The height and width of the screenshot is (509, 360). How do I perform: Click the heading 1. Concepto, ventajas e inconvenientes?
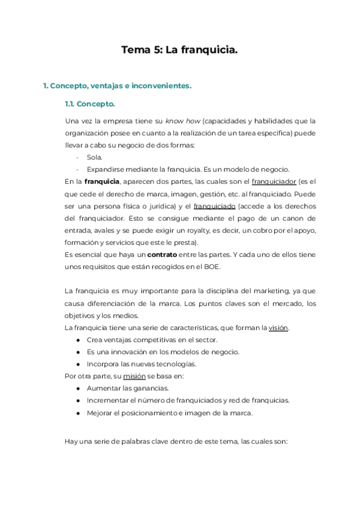point(117,86)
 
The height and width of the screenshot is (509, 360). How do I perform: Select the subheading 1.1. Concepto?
point(90,104)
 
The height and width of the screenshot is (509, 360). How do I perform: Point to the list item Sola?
point(94,157)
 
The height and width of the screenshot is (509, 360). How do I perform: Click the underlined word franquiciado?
point(215,206)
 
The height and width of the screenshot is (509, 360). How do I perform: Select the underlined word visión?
point(280,328)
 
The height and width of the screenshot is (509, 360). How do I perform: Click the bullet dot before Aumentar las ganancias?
point(79,388)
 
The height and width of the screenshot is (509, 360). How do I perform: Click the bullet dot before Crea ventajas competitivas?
point(79,340)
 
